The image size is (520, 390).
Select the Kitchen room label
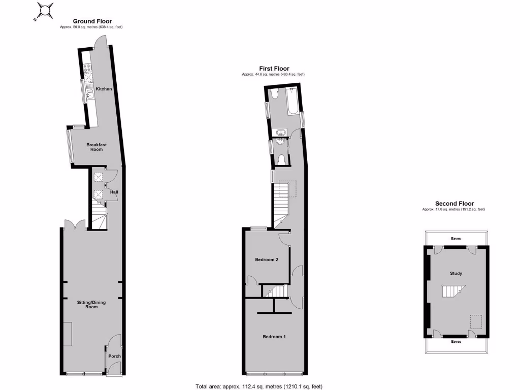pos(104,89)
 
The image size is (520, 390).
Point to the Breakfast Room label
pos(94,147)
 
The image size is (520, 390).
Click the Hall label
pos(115,192)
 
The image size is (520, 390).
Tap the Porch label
pos(115,356)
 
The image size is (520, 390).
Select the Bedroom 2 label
pos(267,259)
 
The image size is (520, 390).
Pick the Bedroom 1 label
pos(274,337)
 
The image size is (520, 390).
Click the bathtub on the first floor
pos(293,102)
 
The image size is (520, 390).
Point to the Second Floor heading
pos(453,204)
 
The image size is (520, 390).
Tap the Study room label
pos(456,274)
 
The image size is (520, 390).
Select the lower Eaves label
pos(456,342)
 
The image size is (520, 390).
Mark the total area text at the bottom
pos(259,386)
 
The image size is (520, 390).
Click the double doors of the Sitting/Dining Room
pos(75,224)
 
